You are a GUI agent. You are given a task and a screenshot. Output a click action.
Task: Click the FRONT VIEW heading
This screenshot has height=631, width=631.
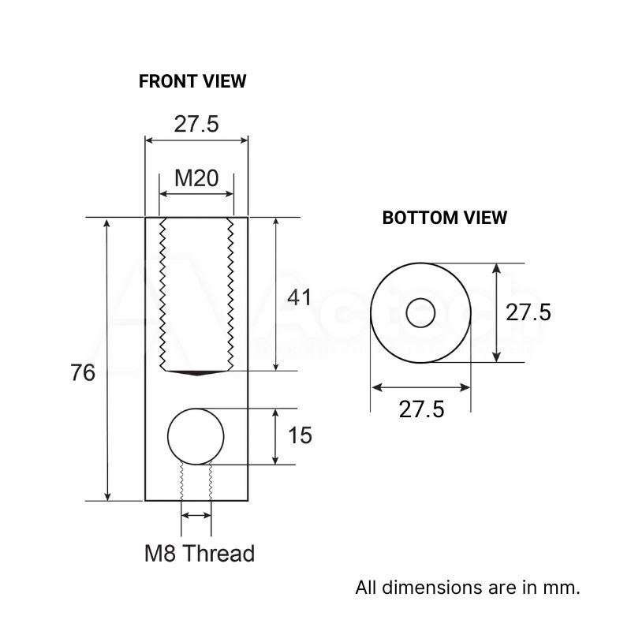pyautogui.click(x=192, y=81)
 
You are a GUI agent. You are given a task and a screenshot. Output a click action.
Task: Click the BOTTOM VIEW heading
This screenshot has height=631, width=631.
pyautogui.click(x=445, y=218)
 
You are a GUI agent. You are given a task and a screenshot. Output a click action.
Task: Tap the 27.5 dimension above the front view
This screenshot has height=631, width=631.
pyautogui.click(x=196, y=124)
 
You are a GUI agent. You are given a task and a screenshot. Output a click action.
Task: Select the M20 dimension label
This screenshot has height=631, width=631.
pyautogui.click(x=196, y=178)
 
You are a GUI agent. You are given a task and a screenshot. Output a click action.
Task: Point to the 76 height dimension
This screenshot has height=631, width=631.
pyautogui.click(x=83, y=373)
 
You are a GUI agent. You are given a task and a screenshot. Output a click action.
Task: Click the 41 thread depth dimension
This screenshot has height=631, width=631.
pyautogui.click(x=299, y=297)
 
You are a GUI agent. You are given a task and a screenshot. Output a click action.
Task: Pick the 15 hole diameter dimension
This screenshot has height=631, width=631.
pyautogui.click(x=301, y=435)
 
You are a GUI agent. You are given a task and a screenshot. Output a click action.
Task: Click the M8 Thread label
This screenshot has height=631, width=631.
pyautogui.click(x=199, y=554)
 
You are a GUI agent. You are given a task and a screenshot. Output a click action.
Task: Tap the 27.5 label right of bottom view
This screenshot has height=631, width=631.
pyautogui.click(x=528, y=312)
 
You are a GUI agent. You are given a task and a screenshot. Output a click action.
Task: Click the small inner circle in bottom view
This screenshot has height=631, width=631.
pyautogui.click(x=420, y=313)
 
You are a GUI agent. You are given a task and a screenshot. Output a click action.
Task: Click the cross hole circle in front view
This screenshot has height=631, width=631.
pyautogui.click(x=196, y=435)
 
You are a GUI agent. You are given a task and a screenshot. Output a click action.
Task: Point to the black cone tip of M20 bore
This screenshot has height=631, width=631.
pyautogui.click(x=196, y=372)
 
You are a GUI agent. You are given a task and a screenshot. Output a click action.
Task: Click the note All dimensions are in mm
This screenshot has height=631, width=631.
pyautogui.click(x=468, y=588)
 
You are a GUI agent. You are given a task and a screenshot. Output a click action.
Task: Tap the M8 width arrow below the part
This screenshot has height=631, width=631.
pyautogui.click(x=196, y=515)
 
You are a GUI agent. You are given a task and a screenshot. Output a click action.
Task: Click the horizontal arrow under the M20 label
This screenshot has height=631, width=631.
pyautogui.click(x=196, y=194)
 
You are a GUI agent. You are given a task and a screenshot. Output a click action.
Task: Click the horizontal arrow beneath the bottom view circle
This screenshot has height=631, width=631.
pyautogui.click(x=420, y=387)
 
